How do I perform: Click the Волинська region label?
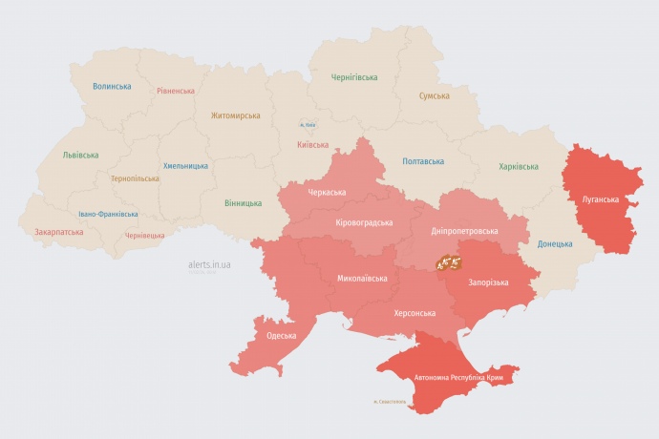tap(112, 86)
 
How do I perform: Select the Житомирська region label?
tap(236, 115)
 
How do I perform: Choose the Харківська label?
tap(519, 167)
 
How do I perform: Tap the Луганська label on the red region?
tap(601, 200)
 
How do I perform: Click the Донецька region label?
tap(555, 243)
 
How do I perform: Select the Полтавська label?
tap(423, 161)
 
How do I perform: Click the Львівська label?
tap(80, 155)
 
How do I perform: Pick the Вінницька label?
tap(243, 203)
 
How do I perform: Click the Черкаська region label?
tap(328, 193)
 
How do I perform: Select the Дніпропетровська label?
tap(465, 232)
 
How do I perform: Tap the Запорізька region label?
tap(488, 282)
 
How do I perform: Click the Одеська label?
tap(281, 336)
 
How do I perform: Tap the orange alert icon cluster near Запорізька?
tap(449, 261)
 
